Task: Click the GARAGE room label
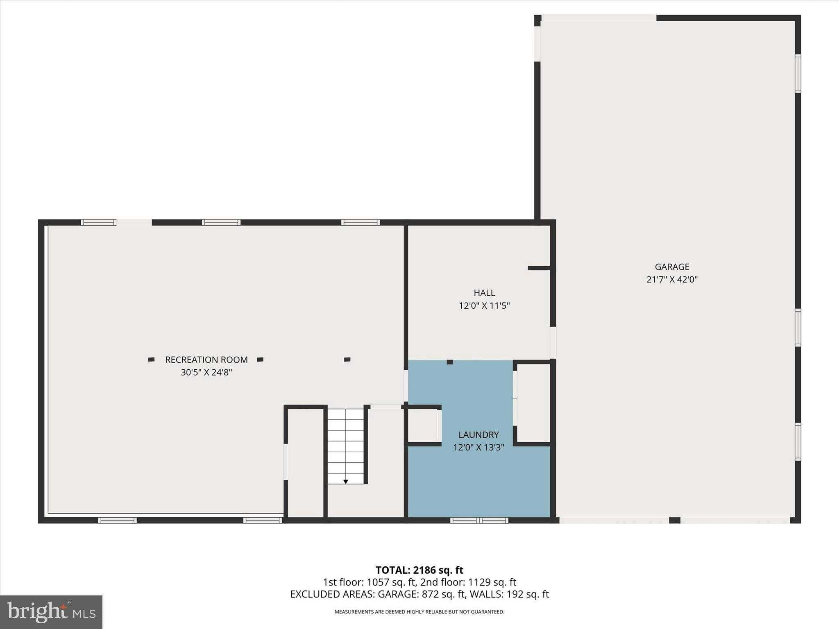pos(672,267)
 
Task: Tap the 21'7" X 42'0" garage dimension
pos(672,280)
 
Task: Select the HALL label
pos(484,293)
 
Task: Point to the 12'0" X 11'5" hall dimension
pos(484,305)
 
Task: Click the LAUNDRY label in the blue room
pos(478,434)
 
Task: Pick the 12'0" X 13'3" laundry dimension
pos(478,447)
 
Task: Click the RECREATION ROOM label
pos(206,360)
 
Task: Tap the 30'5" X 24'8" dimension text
pos(206,372)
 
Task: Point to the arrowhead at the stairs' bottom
pos(346,482)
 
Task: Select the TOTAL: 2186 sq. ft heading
pos(419,570)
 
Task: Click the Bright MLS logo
pos(51,612)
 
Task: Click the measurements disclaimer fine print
pos(419,612)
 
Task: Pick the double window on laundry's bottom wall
pos(479,520)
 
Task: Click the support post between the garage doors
pos(674,520)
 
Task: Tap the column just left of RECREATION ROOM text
pos(151,360)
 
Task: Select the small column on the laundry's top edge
pos(449,362)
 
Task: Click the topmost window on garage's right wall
pos(798,74)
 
